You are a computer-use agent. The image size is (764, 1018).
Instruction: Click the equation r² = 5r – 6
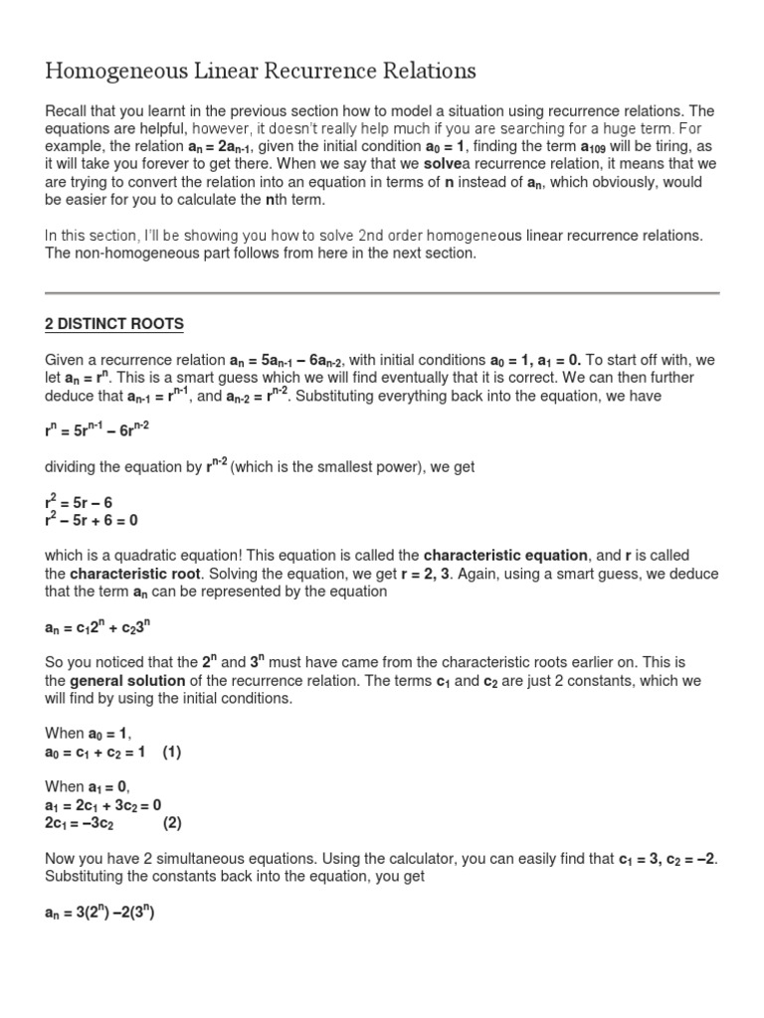click(x=79, y=502)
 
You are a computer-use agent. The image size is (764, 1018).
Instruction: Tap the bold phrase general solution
click(x=127, y=681)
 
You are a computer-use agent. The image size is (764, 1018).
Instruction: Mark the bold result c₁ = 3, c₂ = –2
click(x=667, y=859)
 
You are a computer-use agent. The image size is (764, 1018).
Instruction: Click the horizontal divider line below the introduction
click(x=382, y=293)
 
